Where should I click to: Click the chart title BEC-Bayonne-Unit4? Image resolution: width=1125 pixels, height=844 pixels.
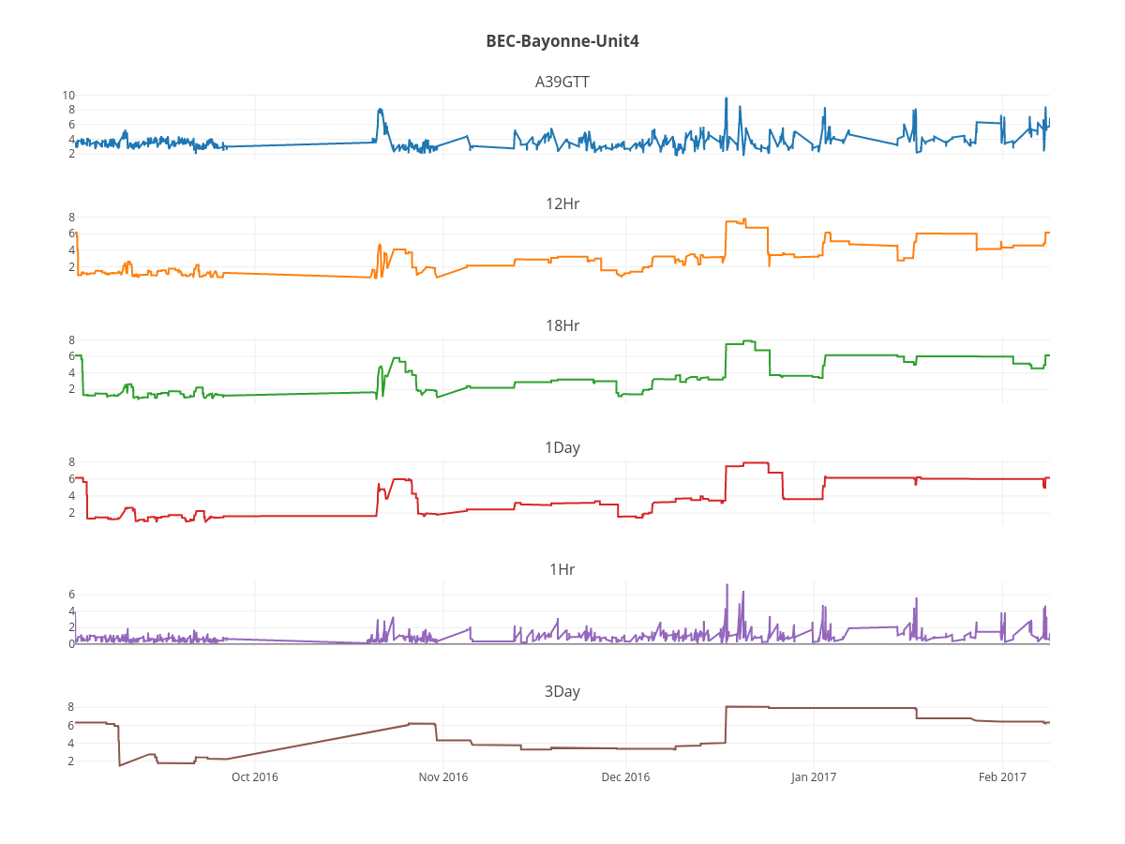562,41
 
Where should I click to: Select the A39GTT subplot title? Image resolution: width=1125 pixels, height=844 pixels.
562,82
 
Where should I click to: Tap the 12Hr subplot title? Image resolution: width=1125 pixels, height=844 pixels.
562,203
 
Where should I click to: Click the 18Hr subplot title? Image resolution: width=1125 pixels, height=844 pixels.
562,325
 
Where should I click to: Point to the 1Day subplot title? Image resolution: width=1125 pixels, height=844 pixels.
562,447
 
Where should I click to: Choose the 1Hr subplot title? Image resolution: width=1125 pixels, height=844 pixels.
562,569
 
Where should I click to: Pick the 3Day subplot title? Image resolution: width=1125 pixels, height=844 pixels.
562,691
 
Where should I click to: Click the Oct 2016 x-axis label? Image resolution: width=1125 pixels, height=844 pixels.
255,776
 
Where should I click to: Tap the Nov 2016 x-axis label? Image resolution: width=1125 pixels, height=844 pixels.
442,776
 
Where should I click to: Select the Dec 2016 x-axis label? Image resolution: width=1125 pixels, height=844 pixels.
625,776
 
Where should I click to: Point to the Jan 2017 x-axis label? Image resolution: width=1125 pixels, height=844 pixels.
814,776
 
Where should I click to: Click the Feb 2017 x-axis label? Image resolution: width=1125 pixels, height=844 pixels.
1002,776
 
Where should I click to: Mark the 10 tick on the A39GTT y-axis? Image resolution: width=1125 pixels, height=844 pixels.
68,96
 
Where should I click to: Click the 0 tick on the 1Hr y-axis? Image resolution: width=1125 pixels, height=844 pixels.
70,644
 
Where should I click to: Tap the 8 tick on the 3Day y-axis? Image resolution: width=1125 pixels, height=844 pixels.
70,707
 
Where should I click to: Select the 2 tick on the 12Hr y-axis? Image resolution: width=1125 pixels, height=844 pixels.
70,267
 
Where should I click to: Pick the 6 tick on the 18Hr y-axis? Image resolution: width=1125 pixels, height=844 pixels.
70,356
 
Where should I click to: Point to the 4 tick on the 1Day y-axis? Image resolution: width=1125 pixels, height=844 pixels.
70,496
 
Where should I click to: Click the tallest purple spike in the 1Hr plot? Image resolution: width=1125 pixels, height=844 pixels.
727,585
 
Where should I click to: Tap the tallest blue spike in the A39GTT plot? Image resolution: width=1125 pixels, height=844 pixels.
726,98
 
